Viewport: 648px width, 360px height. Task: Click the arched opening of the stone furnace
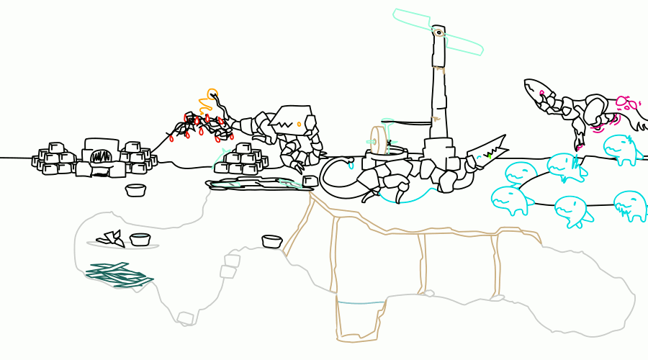coord(100,156)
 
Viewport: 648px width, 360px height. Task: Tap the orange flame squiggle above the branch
coord(210,99)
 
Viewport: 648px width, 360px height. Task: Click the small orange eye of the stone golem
coord(299,125)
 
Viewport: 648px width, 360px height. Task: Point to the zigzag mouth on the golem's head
coord(285,125)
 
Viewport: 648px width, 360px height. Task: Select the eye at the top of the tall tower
coord(437,32)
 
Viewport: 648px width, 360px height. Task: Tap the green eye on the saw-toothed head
coord(489,155)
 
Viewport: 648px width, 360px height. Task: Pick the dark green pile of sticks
coord(117,274)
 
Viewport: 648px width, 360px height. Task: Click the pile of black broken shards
coord(111,238)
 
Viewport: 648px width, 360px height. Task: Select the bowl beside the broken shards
coord(140,240)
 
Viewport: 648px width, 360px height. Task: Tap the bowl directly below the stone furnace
coord(135,191)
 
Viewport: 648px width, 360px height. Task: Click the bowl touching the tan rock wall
coord(271,242)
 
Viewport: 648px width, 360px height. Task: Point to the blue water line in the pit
coord(360,303)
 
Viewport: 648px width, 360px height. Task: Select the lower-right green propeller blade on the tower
coord(464,45)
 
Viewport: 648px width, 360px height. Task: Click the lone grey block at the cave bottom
coord(185,318)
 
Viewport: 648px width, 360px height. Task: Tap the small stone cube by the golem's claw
coord(310,181)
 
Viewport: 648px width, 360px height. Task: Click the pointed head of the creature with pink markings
coord(536,89)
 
